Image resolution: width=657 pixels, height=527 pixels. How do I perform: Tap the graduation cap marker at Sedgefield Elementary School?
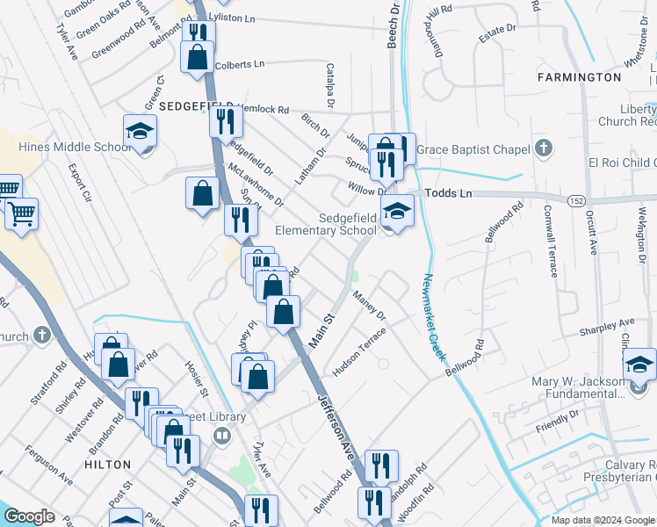[x=396, y=211]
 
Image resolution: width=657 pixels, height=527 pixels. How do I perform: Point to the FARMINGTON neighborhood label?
[x=580, y=77]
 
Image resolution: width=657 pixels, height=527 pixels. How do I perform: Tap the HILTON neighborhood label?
[x=108, y=464]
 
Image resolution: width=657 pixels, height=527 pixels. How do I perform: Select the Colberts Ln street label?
[x=239, y=64]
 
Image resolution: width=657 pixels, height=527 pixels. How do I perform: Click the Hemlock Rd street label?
[x=264, y=110]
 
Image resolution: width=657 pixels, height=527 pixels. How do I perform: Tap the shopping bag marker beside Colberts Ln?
[x=197, y=57]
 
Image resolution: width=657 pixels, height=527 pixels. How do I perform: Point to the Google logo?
[x=29, y=516]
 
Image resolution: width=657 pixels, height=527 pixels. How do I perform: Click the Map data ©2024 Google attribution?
[x=603, y=520]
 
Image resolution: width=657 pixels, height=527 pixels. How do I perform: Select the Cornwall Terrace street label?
[x=552, y=240]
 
